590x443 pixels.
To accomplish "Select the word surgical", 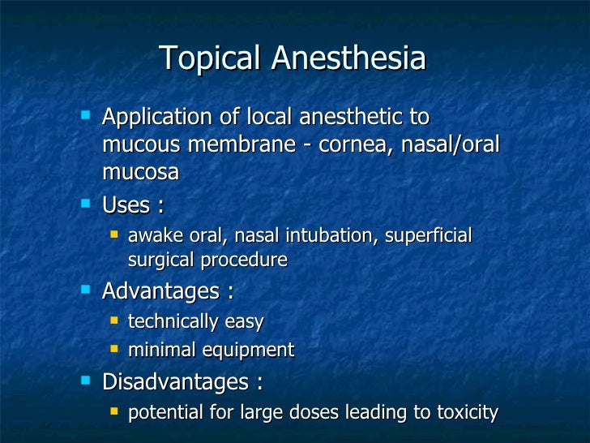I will tap(162, 260).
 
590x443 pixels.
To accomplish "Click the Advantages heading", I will tap(160, 290).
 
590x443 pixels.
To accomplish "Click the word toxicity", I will tap(465, 412).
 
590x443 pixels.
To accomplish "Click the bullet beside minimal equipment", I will tap(114, 350).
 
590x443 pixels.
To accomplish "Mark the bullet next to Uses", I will tap(87, 204).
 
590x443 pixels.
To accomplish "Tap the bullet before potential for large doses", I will tap(114, 411).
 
